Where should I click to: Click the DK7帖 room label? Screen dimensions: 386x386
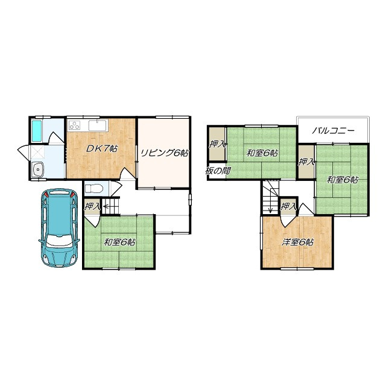pyautogui.click(x=101, y=148)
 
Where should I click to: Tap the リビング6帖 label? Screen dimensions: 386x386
pyautogui.click(x=164, y=153)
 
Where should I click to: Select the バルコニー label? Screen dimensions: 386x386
pyautogui.click(x=334, y=131)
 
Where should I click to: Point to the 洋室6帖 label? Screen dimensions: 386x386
pyautogui.click(x=297, y=242)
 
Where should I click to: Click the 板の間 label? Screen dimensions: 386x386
pyautogui.click(x=218, y=171)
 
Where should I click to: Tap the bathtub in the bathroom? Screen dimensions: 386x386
pyautogui.click(x=37, y=131)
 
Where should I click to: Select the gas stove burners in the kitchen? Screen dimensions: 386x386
pyautogui.click(x=75, y=125)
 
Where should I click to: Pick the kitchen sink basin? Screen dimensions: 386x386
pyautogui.click(x=98, y=125)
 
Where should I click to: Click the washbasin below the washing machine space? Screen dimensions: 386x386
pyautogui.click(x=38, y=169)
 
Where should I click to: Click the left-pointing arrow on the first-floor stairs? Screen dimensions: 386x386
pyautogui.click(x=107, y=205)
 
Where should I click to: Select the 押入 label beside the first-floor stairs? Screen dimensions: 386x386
pyautogui.click(x=92, y=206)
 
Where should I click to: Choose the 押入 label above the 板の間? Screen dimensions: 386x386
pyautogui.click(x=217, y=144)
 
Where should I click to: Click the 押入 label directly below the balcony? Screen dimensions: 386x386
pyautogui.click(x=306, y=162)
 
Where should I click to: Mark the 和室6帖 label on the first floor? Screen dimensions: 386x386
pyautogui.click(x=119, y=242)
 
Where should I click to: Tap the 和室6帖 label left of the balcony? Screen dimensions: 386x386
pyautogui.click(x=262, y=153)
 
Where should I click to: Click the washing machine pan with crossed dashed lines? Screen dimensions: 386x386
pyautogui.click(x=37, y=153)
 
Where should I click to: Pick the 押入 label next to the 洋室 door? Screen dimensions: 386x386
pyautogui.click(x=288, y=206)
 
